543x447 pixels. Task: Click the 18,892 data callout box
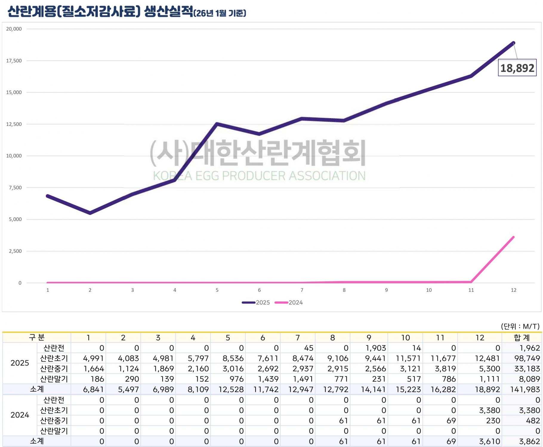tap(517, 68)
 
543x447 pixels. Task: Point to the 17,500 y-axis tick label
tap(14, 61)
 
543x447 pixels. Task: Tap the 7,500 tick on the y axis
tap(15, 188)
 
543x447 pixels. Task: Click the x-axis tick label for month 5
tap(217, 290)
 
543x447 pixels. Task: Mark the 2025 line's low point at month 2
tap(90, 213)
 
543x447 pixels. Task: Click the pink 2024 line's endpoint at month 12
tap(513, 237)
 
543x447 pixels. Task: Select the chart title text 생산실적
tap(169, 12)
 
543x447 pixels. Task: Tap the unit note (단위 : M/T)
tap(520, 326)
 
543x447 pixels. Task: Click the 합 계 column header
tap(522, 337)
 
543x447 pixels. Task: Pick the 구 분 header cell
tap(36, 337)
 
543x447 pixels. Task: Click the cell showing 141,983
tap(525, 389)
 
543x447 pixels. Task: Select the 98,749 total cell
tap(527, 358)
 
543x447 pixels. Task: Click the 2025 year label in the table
tap(20, 363)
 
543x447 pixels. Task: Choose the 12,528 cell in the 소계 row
tap(231, 389)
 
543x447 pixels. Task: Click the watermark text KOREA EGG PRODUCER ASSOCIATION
tap(259, 176)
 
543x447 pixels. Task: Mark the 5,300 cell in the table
tap(489, 369)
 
